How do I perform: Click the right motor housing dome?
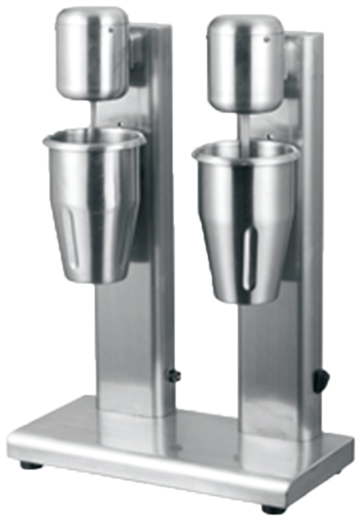click(x=244, y=64)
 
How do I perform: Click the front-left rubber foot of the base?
click(x=32, y=465)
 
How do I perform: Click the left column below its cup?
click(x=126, y=350)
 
